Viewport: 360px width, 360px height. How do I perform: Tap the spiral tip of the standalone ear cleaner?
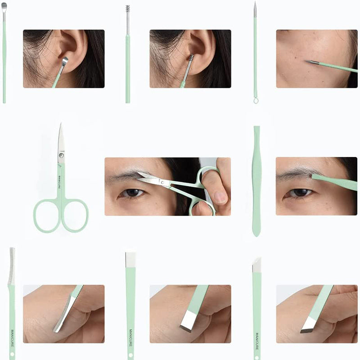point(128,9)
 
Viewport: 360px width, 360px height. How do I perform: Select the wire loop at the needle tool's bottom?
point(256,100)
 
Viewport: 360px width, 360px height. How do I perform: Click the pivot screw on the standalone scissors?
point(61,155)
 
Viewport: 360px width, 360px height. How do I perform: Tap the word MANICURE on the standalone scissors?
point(59,182)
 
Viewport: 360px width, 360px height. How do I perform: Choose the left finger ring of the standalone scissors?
point(47,216)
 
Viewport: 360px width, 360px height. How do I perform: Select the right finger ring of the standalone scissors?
point(75,216)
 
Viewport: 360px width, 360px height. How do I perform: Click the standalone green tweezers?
point(256,181)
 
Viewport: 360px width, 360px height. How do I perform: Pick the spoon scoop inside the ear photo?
point(65,61)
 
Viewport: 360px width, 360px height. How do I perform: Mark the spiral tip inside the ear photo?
point(191,58)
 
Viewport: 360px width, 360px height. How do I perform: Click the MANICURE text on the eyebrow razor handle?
point(13,339)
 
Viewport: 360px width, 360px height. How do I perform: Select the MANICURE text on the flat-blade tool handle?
point(130,338)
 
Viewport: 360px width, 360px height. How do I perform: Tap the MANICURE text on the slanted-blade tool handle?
point(257,341)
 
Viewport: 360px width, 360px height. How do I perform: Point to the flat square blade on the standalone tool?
point(130,260)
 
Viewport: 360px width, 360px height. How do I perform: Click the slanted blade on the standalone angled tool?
point(256,265)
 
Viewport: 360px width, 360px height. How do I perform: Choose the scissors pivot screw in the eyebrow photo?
point(162,183)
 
